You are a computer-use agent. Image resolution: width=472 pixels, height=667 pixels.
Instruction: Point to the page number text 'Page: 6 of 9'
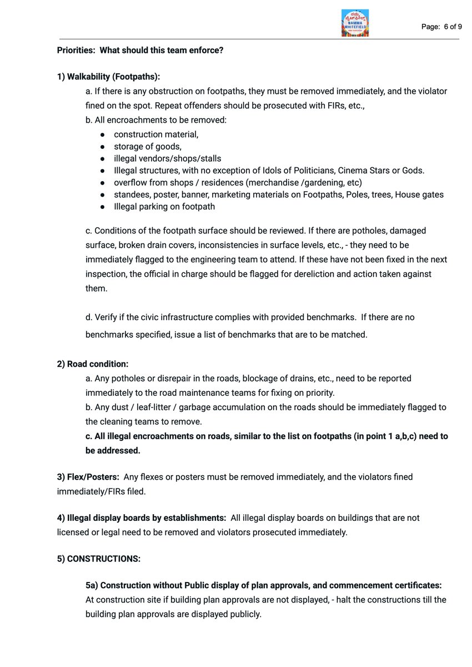(441, 26)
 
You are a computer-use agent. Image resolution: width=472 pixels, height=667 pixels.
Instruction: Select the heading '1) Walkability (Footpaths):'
(108, 76)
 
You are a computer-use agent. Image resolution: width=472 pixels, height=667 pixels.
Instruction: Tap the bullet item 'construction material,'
(156, 135)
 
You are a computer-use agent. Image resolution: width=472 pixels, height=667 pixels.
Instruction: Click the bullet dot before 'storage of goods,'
(103, 147)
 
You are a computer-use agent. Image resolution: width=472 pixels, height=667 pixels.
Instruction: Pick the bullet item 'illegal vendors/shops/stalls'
(167, 158)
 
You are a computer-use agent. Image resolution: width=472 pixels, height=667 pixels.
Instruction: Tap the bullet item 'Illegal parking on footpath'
(164, 206)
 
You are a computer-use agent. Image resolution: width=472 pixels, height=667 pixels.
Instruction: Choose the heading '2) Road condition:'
(92, 364)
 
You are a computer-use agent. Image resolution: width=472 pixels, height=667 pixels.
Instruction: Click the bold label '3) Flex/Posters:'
(88, 477)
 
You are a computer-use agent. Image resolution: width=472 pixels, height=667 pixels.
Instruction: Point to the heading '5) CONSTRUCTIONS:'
(98, 559)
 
